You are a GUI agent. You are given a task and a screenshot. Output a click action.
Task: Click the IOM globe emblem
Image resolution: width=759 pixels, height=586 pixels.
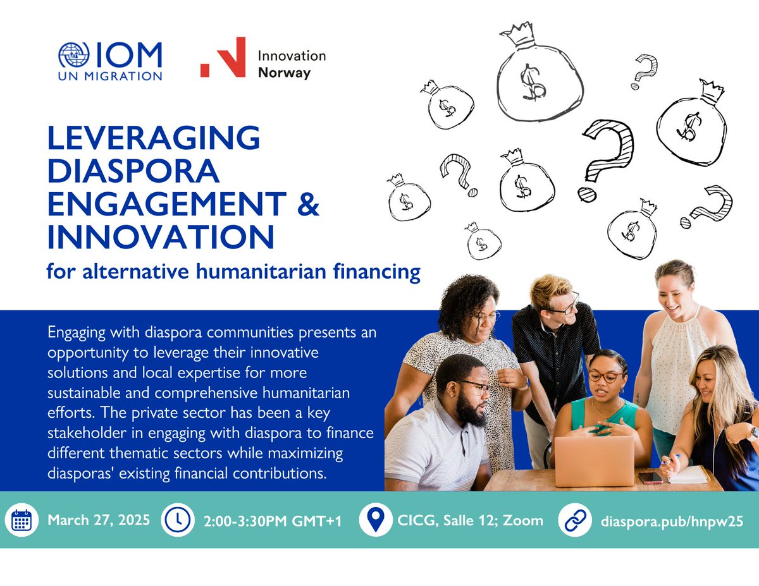tap(74, 55)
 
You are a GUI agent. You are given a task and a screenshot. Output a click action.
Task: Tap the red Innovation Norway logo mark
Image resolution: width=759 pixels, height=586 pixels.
tap(222, 58)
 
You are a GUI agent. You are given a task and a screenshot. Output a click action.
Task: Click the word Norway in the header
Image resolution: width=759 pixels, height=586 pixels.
tap(284, 73)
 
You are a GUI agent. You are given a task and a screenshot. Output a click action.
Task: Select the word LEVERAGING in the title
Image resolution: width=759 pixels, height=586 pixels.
tap(154, 138)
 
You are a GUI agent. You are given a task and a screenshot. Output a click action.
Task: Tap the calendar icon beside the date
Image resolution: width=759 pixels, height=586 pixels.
tap(22, 520)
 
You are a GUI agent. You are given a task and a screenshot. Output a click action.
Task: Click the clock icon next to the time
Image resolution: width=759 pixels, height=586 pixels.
tap(178, 520)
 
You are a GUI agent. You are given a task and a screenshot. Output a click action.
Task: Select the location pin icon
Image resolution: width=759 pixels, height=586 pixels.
tap(374, 520)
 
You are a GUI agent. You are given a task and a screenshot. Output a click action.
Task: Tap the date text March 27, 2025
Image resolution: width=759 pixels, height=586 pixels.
tap(99, 520)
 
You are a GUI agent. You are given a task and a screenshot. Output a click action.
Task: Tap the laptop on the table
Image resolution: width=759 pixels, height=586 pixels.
tap(594, 460)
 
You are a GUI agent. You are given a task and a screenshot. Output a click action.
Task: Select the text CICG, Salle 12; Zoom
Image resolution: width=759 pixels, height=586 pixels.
tap(469, 520)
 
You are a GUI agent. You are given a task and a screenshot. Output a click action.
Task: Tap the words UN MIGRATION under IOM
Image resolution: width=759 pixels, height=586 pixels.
tap(109, 76)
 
